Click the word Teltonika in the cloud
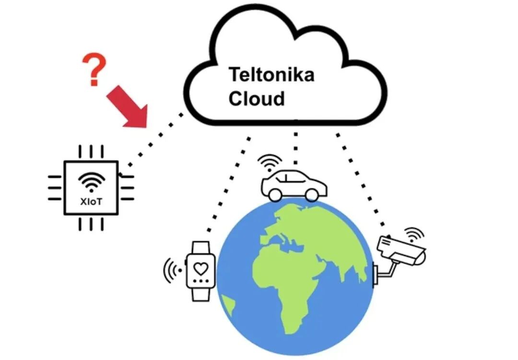pos(271,75)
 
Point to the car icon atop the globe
pos(294,185)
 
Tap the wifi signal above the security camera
pos(413,233)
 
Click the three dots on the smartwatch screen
pos(200,279)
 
